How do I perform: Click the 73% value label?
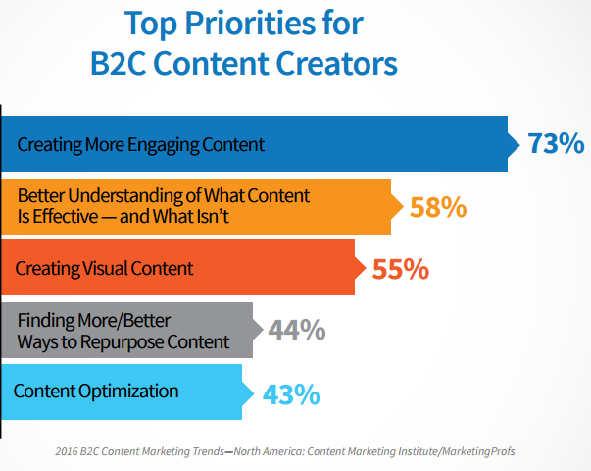coord(556,143)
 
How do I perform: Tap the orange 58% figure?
coord(438,207)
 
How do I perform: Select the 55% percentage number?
coord(400,269)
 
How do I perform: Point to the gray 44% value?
coord(297,330)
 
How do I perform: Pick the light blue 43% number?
coord(291,394)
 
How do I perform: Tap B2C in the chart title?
coord(118,63)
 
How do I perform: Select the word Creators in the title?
coord(336,63)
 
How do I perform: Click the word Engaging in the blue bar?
coord(164,145)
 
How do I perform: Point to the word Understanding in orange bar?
coord(134,196)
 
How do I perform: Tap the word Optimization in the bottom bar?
coord(128,392)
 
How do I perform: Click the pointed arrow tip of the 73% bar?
coord(520,144)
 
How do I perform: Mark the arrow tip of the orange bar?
coord(403,206)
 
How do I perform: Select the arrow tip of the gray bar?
coord(263,330)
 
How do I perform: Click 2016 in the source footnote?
coord(67,451)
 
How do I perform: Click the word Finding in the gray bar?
coord(46,321)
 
